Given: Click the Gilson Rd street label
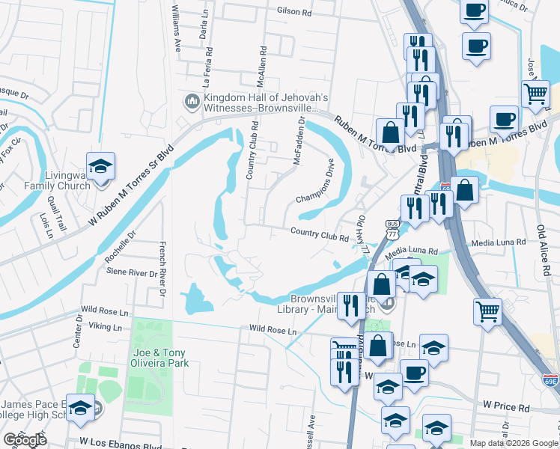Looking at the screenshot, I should point(293,12).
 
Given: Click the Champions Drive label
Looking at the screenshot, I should point(324,181).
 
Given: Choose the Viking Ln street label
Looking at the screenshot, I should point(105,327).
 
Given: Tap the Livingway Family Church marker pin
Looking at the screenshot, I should point(100,166).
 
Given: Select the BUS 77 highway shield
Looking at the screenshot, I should point(392,229).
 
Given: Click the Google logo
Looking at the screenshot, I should point(25,440).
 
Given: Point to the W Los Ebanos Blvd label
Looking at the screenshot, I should point(121,444).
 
